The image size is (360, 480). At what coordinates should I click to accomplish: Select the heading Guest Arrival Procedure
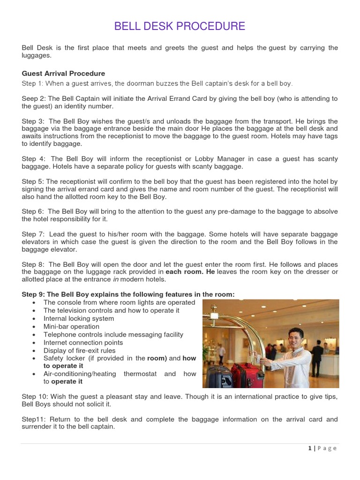click(63, 74)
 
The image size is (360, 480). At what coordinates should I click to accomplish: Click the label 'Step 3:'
click(33, 121)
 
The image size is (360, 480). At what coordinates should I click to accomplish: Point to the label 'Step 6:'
click(33, 212)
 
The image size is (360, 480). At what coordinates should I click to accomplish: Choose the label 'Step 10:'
click(35, 397)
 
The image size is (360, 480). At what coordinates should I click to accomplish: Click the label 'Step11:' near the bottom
click(34, 420)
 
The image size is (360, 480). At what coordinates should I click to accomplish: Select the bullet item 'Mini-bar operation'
click(71, 327)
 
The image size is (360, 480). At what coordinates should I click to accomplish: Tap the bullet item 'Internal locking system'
click(79, 319)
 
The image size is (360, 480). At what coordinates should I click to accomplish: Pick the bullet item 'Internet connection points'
click(83, 343)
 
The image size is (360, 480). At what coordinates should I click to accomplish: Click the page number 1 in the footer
click(310, 448)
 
